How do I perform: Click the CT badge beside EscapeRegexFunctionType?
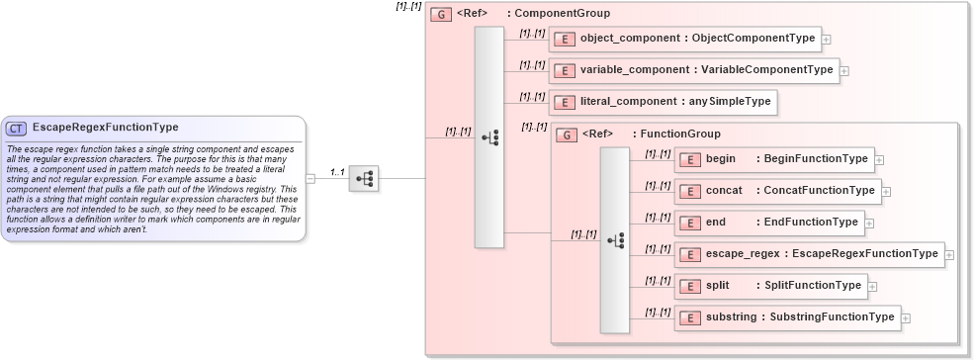coord(17,128)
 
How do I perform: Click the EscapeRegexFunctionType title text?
coord(105,128)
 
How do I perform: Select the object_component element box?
coord(685,39)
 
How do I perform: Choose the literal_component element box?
coord(663,102)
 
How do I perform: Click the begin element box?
coord(773,159)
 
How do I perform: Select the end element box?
coord(770,223)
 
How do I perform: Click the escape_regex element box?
coord(809,254)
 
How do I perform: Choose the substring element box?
coord(787,317)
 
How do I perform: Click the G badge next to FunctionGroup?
coord(567,134)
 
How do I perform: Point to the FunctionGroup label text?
coord(680,134)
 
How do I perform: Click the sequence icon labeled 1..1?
coord(364,178)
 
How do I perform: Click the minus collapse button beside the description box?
coord(310,178)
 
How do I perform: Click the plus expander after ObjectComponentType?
coord(827,40)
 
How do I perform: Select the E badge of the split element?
coord(690,286)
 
